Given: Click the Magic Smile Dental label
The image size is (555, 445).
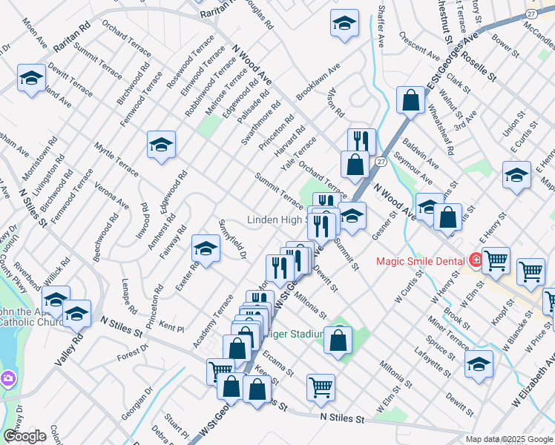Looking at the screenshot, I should (420, 260).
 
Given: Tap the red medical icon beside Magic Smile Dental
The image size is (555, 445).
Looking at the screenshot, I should (474, 260).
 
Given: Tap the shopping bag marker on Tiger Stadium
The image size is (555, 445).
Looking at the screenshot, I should (338, 340).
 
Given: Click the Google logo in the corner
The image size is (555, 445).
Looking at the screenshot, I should (24, 435).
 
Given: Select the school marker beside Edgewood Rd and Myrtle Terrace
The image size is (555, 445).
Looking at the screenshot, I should (161, 145).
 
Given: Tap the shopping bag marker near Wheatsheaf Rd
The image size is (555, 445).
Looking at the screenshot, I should (410, 102).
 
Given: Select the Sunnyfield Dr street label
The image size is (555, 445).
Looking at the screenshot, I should (232, 240).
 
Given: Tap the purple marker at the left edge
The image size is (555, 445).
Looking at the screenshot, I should (7, 378).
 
